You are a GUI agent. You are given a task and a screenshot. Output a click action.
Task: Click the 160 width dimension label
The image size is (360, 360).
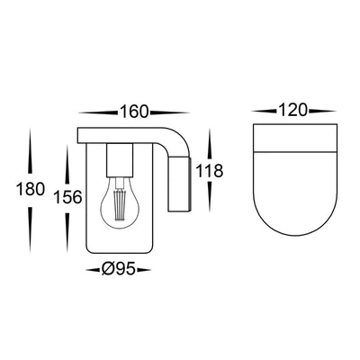[x=134, y=112]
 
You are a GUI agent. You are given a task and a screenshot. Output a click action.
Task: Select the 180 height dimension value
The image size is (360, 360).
[x=31, y=189]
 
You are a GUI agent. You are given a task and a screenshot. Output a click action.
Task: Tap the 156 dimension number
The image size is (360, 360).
[x=67, y=197]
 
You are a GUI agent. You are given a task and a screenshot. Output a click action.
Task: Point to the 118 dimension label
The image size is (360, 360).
[x=210, y=171]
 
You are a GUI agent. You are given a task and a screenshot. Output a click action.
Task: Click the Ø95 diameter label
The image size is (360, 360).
[x=118, y=269]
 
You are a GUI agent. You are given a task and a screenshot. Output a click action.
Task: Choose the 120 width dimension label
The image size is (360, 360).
[x=292, y=110]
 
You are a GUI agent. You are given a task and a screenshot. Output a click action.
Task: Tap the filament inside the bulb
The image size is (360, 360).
[x=120, y=204]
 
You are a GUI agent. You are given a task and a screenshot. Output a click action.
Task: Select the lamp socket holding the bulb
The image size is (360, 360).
[x=120, y=160]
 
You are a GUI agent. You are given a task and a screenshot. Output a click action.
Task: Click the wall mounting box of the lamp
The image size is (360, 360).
[x=179, y=184]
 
